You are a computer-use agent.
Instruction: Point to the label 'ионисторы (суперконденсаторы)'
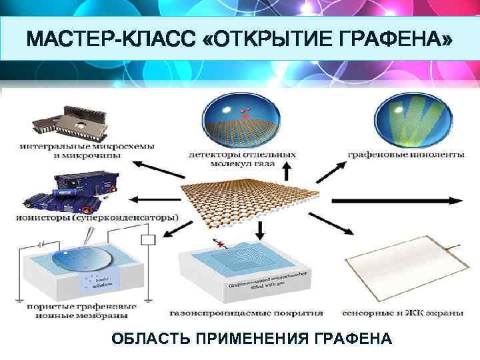coord(96,217)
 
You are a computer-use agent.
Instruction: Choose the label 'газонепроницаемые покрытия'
coord(247,312)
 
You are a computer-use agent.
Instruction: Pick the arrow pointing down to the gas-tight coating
coord(261,229)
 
